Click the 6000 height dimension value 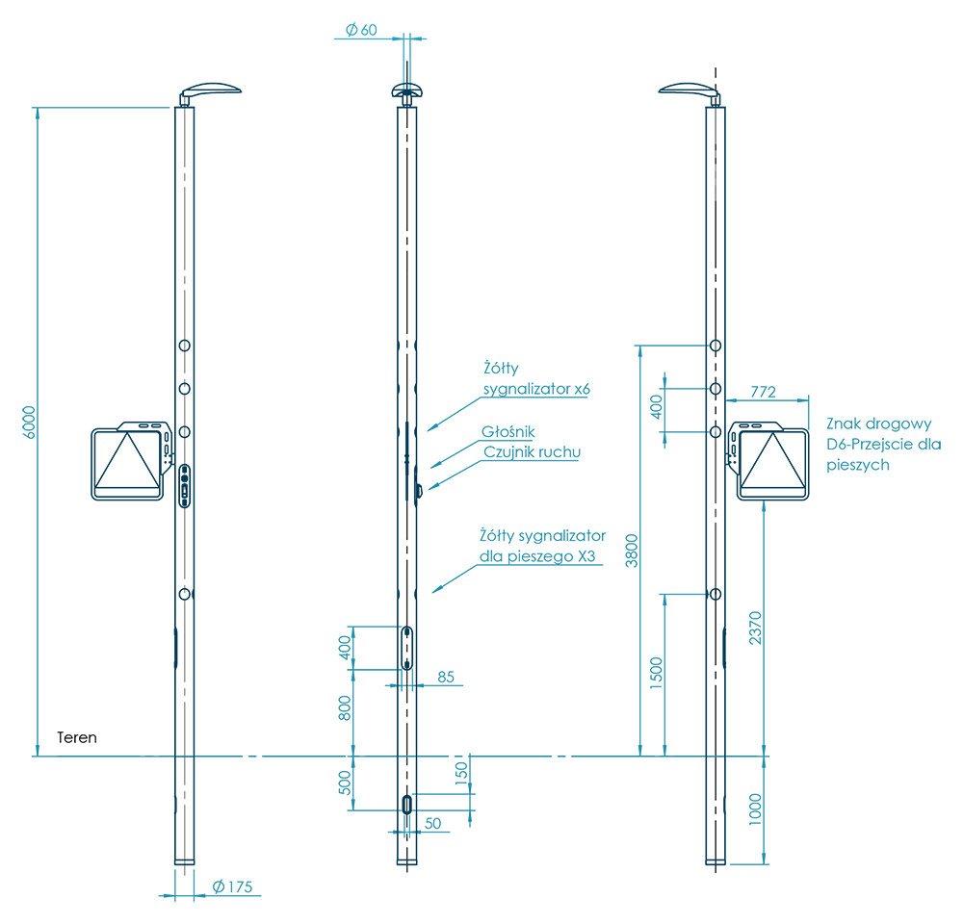[x=29, y=422]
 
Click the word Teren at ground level [x=77, y=737]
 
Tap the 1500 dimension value [x=657, y=674]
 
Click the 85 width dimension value [x=446, y=677]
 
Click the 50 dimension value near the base [x=432, y=823]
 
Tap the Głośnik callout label [x=509, y=432]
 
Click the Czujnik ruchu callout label [x=532, y=450]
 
